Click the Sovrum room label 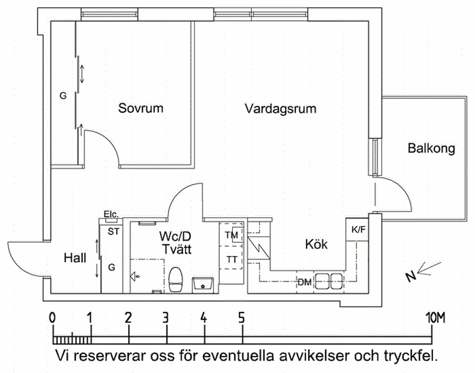[x=140, y=108]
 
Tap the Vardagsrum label [x=280, y=108]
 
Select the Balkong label [x=431, y=149]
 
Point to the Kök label [x=316, y=245]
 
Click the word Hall [x=75, y=258]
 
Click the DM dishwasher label [x=304, y=282]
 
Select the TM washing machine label [x=231, y=235]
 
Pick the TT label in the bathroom [x=231, y=259]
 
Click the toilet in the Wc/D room [x=175, y=280]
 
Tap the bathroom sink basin [x=203, y=284]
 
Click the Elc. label [x=110, y=214]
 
